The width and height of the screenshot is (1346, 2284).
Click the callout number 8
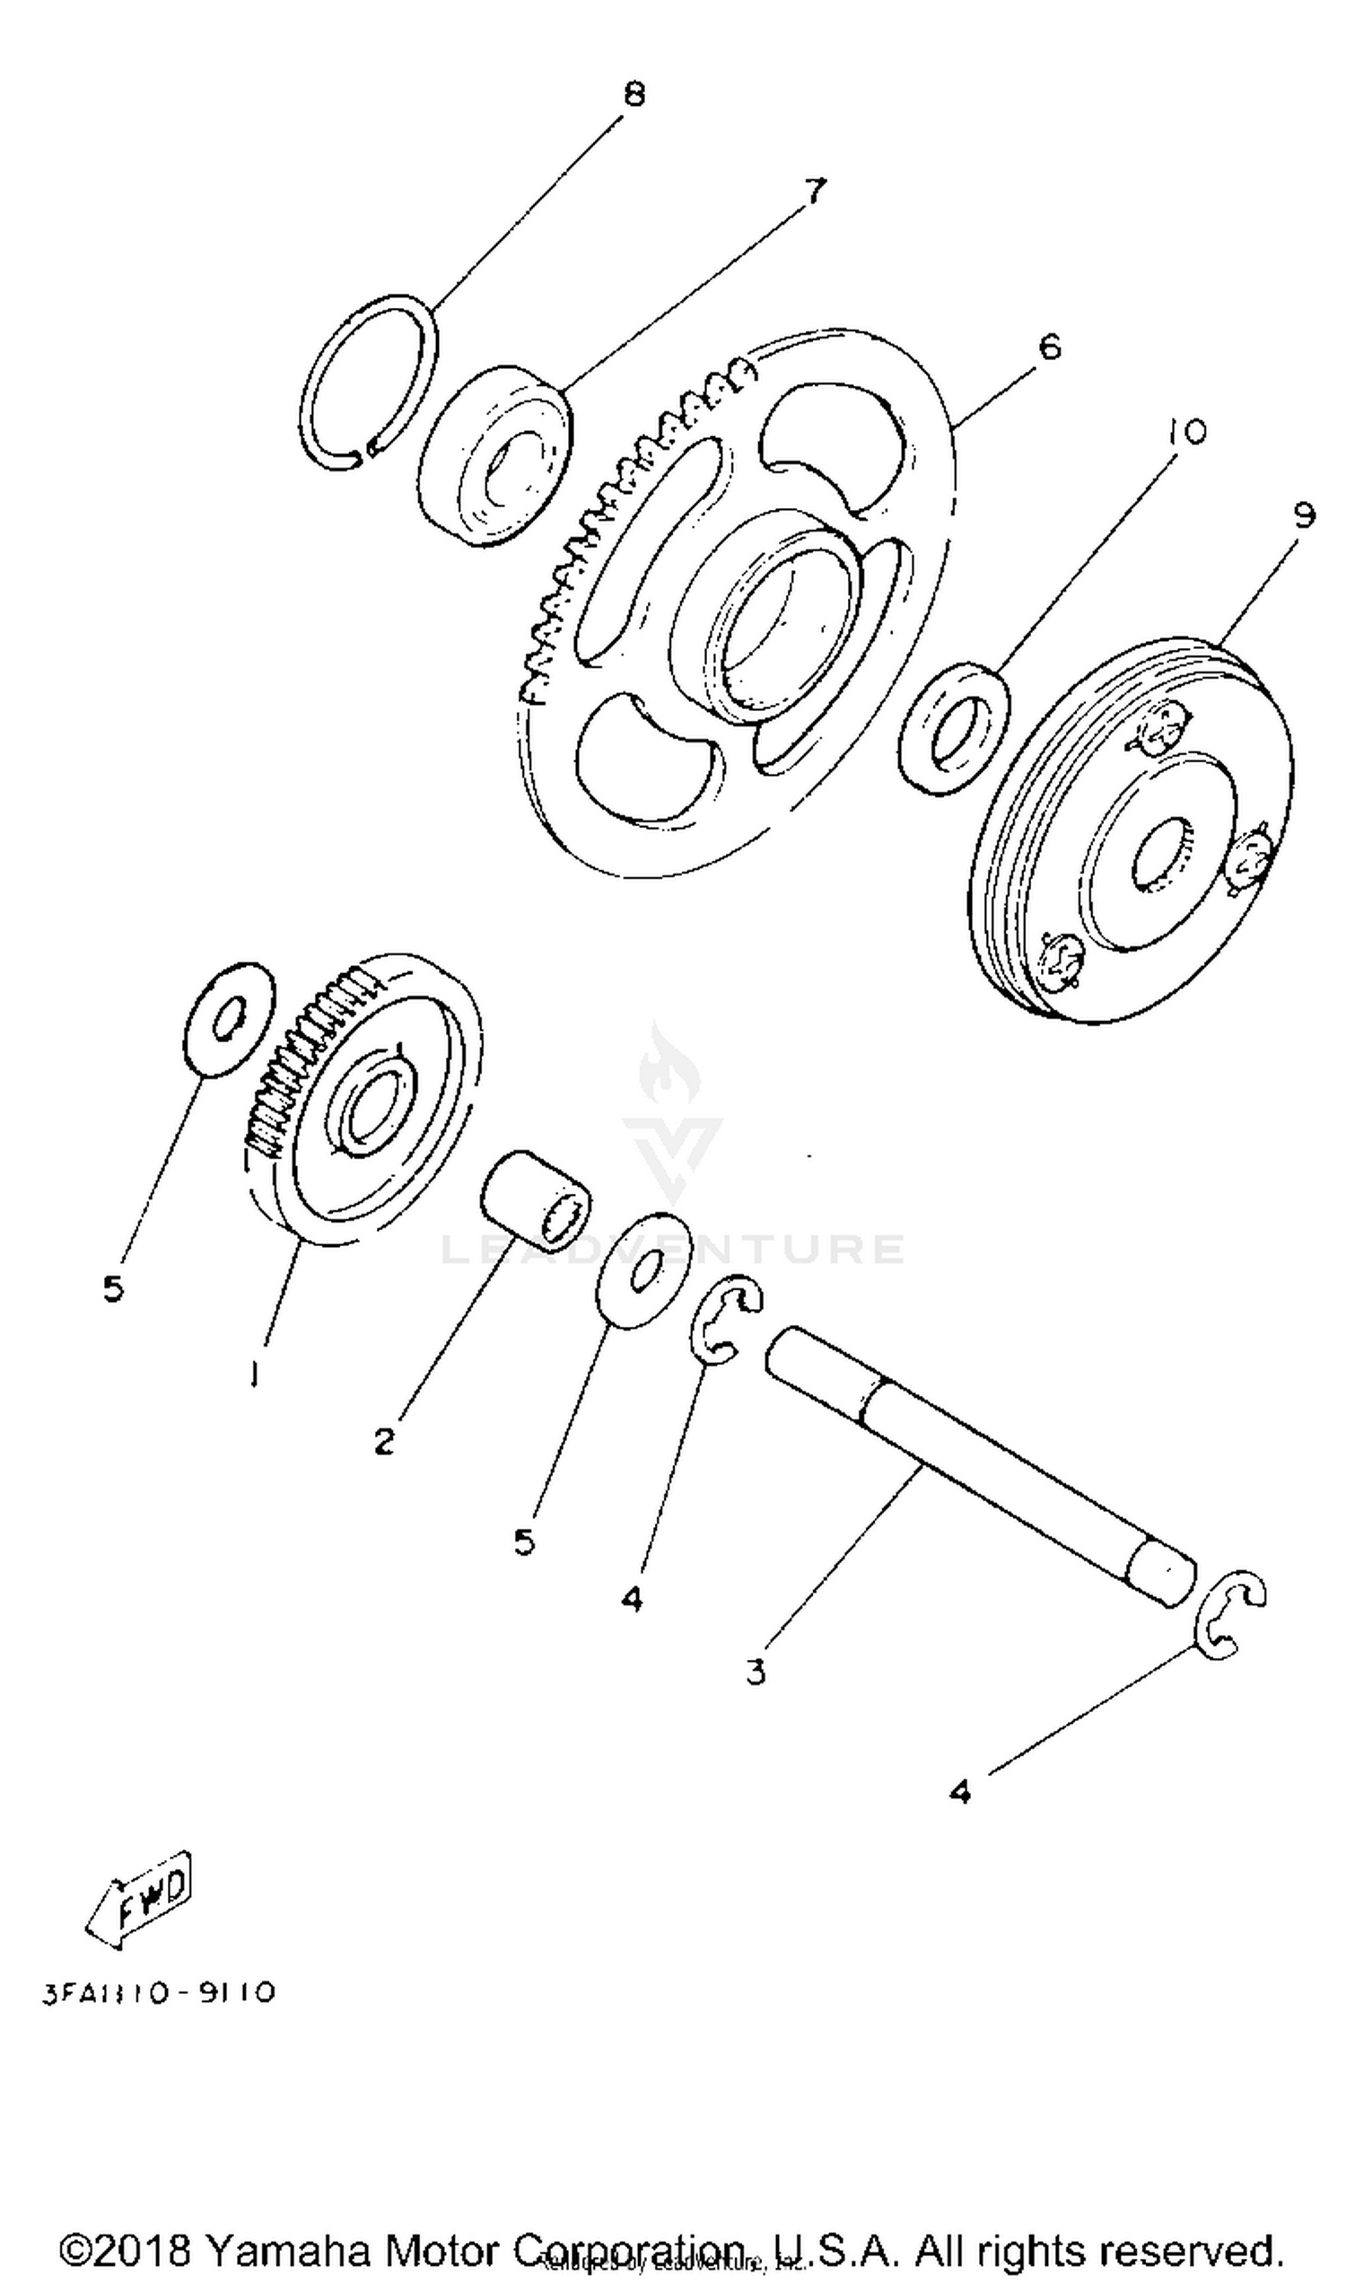pyautogui.click(x=634, y=93)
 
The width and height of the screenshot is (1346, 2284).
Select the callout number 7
pyautogui.click(x=815, y=191)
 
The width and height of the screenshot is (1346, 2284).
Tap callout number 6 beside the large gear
pyautogui.click(x=1048, y=347)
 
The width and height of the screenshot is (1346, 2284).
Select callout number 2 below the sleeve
pyautogui.click(x=385, y=1440)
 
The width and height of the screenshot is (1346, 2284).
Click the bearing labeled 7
pyautogui.click(x=495, y=455)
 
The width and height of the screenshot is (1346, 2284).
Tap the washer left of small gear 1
pyautogui.click(x=228, y=1019)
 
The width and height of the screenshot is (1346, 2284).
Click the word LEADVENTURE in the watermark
pyautogui.click(x=672, y=1249)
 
